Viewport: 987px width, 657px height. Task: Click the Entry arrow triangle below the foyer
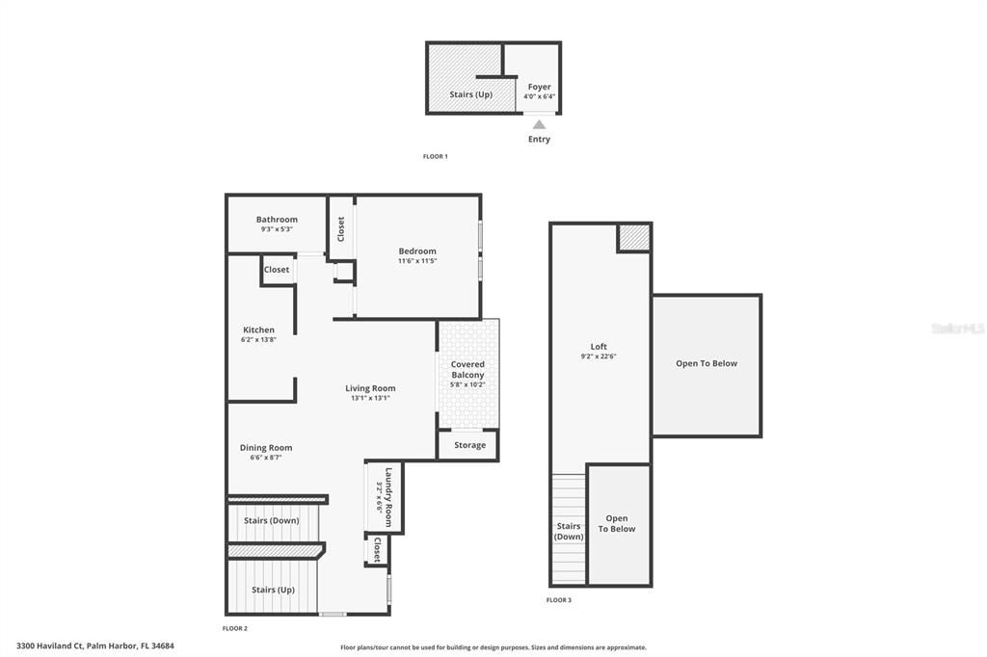[x=540, y=123]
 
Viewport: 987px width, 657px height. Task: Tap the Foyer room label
[x=539, y=88]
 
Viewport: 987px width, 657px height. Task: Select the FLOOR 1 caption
[x=436, y=156]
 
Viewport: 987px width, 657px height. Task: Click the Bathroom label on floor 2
[x=277, y=220]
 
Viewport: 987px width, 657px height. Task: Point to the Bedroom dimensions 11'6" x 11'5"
[x=417, y=261]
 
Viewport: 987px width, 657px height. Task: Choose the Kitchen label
[x=258, y=330]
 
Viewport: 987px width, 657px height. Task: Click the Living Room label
[x=371, y=388]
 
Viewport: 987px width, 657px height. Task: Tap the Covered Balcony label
[x=467, y=370]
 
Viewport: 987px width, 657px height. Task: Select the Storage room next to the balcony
[x=469, y=445]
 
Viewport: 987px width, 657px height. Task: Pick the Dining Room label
[x=266, y=448]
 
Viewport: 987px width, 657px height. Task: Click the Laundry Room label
[x=388, y=490]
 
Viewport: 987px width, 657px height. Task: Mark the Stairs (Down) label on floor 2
[x=271, y=521]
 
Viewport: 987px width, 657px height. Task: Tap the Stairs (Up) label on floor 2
[x=273, y=590]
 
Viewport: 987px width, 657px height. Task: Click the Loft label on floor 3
[x=600, y=347]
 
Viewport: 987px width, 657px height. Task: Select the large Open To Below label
[x=707, y=363]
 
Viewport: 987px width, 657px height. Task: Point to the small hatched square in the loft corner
[x=633, y=237]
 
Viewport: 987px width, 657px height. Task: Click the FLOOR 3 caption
[x=559, y=600]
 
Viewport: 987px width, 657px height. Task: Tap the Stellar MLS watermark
[x=958, y=328]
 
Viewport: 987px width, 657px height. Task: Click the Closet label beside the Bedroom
[x=340, y=228]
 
